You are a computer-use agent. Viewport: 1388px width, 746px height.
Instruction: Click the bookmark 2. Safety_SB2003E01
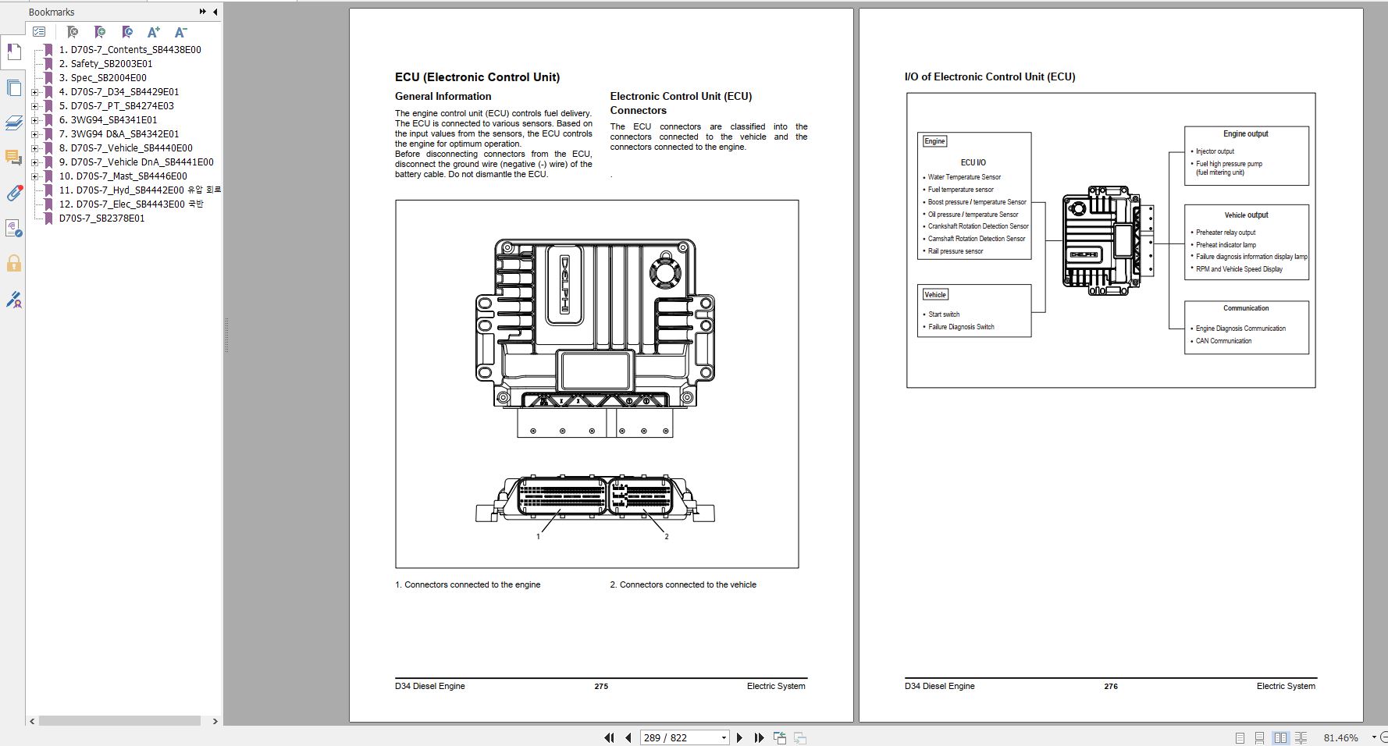[x=111, y=63]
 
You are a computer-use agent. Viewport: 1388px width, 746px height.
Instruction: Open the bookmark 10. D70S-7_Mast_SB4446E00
[x=131, y=176]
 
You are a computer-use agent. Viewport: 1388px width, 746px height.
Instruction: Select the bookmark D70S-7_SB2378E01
[x=101, y=218]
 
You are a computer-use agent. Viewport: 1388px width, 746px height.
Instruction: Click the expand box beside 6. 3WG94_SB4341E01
[x=34, y=120]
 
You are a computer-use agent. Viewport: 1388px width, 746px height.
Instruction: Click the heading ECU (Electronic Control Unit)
[x=477, y=76]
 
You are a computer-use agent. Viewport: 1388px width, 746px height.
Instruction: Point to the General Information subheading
[x=443, y=96]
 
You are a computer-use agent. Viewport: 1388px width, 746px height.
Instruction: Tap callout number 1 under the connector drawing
[x=538, y=536]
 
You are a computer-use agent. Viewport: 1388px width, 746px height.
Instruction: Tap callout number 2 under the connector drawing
[x=666, y=536]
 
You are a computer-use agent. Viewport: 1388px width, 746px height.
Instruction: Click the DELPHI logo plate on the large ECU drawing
[x=564, y=285]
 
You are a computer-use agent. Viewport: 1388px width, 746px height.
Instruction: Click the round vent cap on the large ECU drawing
[x=664, y=272]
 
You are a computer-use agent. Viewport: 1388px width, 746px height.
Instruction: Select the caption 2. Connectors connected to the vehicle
[x=683, y=584]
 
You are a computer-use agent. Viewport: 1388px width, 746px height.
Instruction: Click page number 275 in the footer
[x=600, y=686]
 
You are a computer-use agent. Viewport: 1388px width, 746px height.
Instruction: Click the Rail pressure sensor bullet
[x=955, y=251]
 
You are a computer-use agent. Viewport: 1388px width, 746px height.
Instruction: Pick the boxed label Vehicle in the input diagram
[x=934, y=294]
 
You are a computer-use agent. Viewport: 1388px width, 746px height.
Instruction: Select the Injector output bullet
[x=1215, y=151]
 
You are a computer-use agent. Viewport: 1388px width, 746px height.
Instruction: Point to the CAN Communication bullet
[x=1223, y=341]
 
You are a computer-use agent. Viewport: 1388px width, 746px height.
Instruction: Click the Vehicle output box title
[x=1246, y=215]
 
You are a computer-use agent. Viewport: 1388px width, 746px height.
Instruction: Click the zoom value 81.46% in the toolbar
[x=1340, y=737]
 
